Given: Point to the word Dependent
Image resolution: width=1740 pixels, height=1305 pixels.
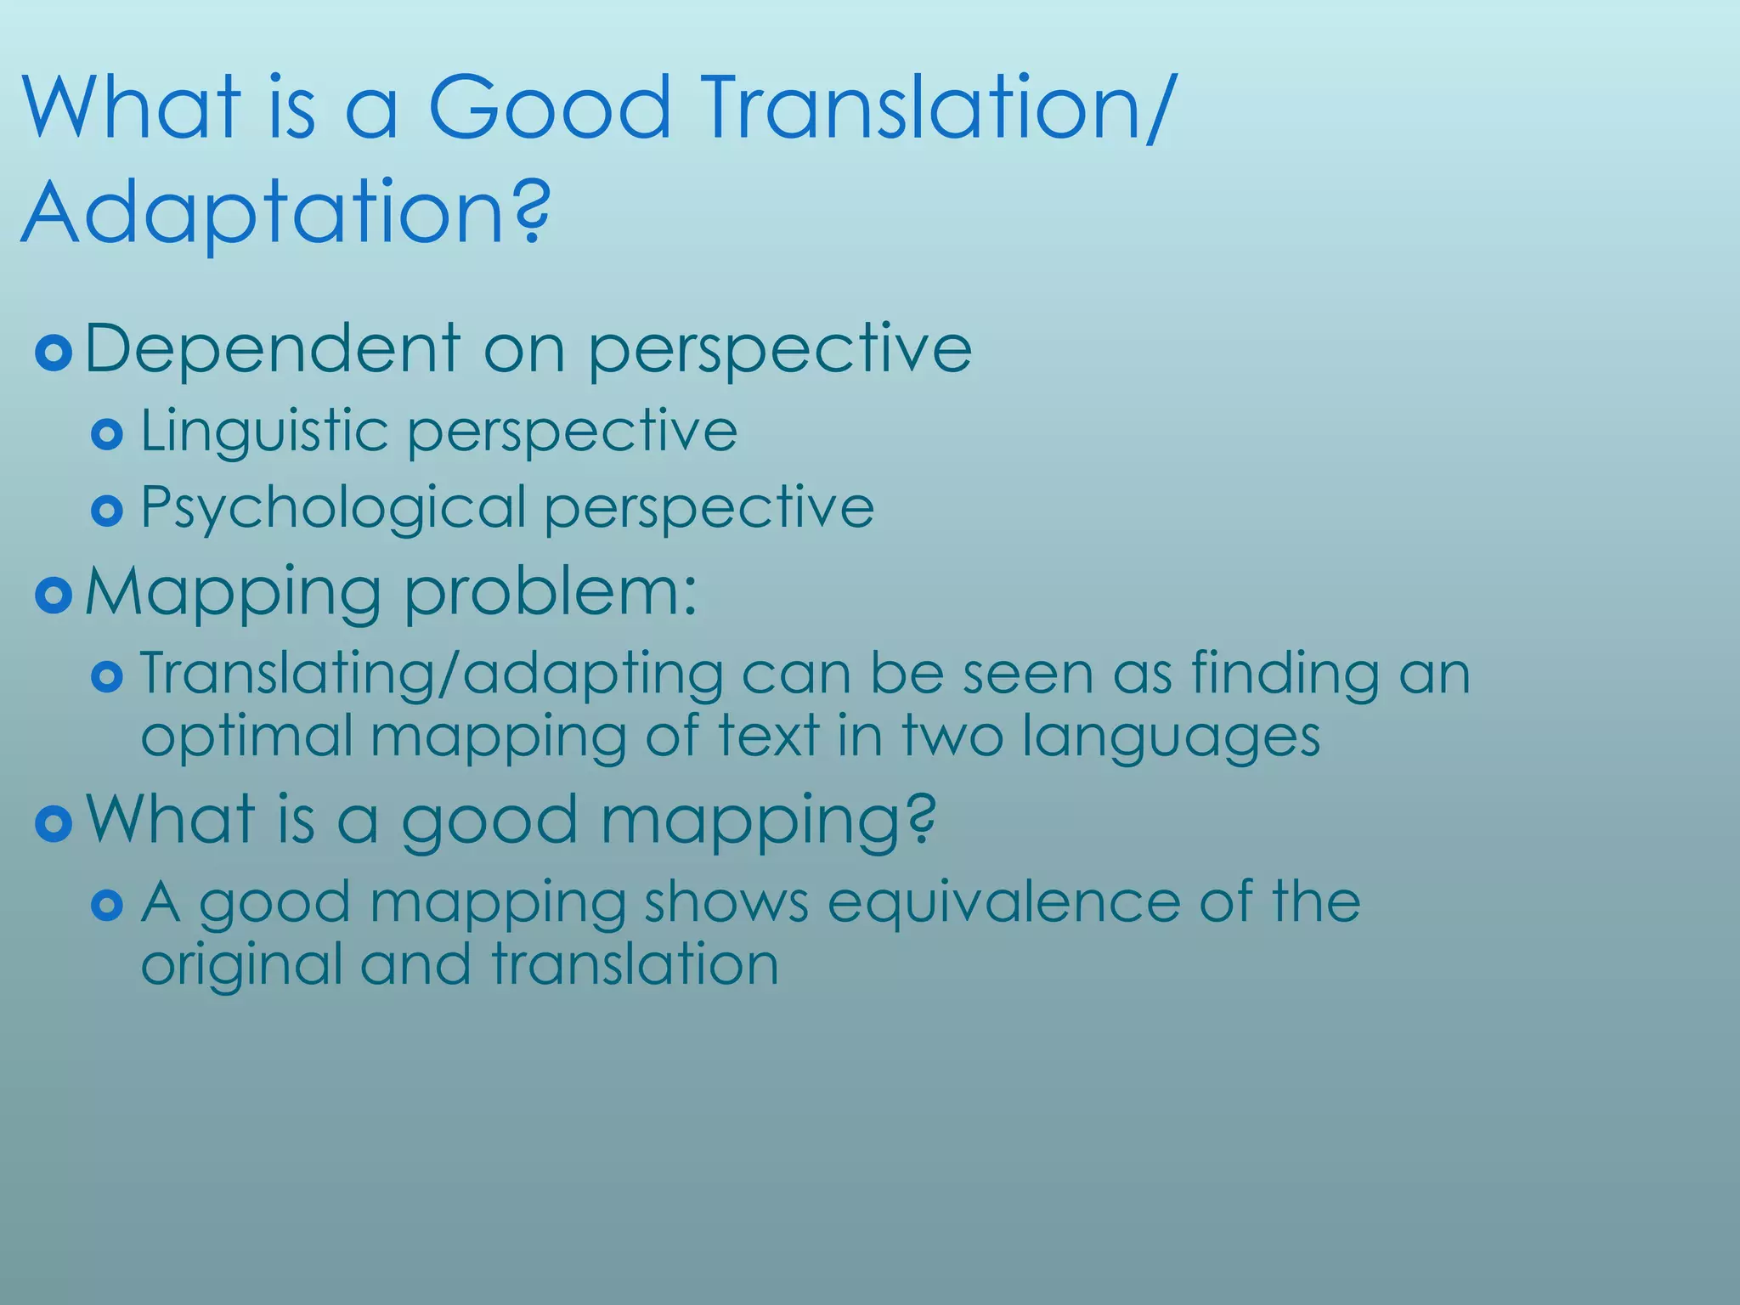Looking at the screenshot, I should [x=273, y=348].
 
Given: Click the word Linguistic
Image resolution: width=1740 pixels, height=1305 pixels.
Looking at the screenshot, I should [x=264, y=432].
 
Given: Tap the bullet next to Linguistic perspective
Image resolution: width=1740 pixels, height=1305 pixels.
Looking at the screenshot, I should [x=107, y=435].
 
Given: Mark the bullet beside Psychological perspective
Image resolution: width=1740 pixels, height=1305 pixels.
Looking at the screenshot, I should [x=107, y=511].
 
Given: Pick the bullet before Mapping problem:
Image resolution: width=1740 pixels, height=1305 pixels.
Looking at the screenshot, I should [x=54, y=596].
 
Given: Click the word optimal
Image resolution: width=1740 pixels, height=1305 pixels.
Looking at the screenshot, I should [x=246, y=736].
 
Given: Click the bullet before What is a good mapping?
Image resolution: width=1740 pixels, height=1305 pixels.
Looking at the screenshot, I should [x=54, y=822].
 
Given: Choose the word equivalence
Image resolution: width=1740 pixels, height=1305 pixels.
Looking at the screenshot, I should [x=1003, y=901].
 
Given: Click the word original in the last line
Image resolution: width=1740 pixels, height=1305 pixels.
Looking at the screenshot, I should [x=241, y=965].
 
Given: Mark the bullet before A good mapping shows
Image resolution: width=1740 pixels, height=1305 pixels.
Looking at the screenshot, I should [x=107, y=905].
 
